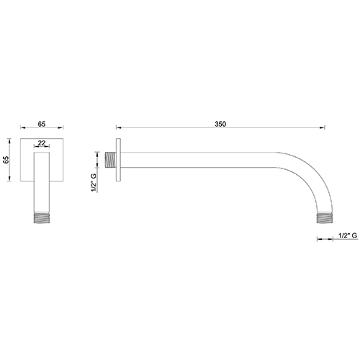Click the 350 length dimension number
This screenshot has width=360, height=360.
(220, 125)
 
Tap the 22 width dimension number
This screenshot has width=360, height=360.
(42, 143)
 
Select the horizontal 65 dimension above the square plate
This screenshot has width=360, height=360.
(42, 125)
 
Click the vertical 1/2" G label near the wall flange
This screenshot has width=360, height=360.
(93, 182)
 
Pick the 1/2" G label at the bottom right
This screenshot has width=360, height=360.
(346, 236)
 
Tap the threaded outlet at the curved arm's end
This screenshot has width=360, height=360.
(325, 216)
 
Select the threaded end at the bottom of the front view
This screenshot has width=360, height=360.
(42, 215)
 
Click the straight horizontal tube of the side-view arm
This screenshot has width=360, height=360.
(209, 159)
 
